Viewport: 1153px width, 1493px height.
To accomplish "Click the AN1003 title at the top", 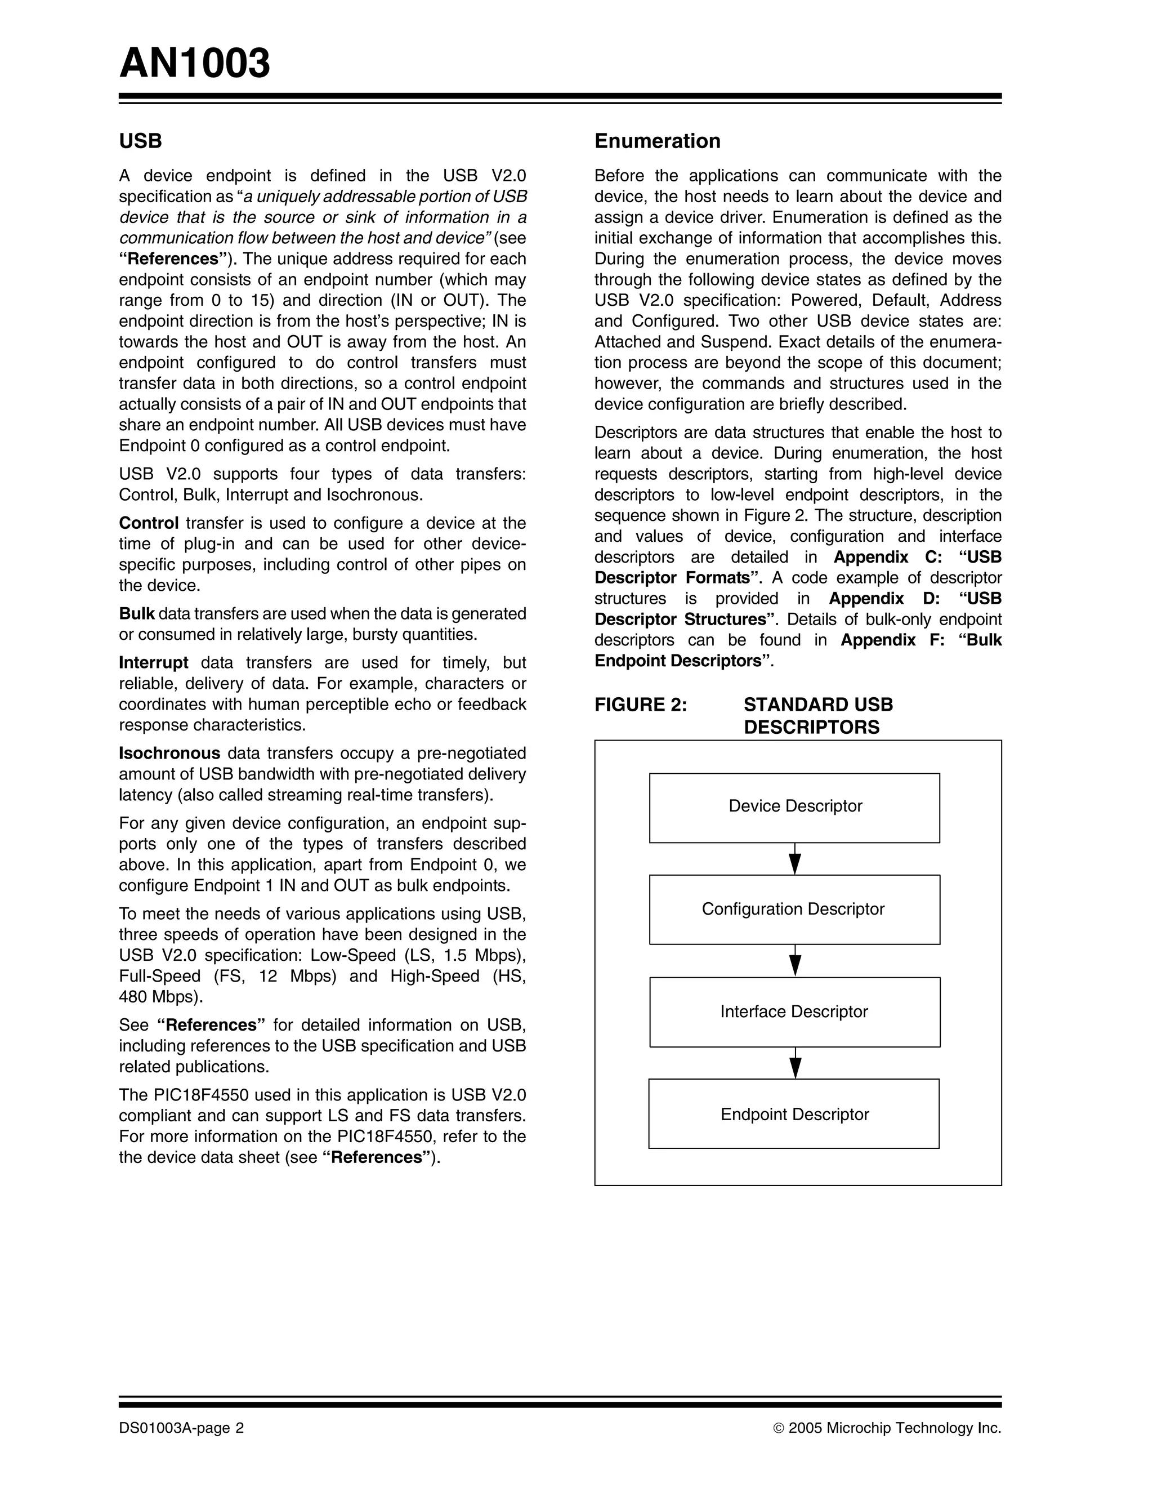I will tap(195, 64).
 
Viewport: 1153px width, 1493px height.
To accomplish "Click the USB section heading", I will tap(140, 141).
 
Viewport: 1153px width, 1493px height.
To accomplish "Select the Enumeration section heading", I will tap(657, 141).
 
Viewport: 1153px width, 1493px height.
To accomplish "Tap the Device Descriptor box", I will tap(794, 808).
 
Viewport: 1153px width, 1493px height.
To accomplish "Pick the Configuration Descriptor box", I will tap(794, 909).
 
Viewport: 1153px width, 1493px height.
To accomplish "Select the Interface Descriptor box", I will tap(794, 1011).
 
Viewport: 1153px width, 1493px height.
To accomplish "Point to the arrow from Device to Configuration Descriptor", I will tap(795, 859).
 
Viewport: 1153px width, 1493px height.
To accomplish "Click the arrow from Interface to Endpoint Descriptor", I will tap(795, 1063).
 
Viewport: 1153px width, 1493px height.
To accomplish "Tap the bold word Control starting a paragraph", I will tap(148, 523).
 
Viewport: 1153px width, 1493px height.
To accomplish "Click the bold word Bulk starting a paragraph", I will tap(137, 613).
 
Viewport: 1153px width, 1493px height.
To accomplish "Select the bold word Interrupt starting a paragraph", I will tap(153, 662).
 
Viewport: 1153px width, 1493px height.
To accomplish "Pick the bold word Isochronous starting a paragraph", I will tap(169, 754).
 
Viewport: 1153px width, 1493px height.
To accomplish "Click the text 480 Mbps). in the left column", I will tap(160, 997).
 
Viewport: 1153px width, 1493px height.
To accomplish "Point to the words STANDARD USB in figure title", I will tap(817, 705).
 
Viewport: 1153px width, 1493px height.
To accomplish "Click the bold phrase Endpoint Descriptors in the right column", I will tap(677, 661).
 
